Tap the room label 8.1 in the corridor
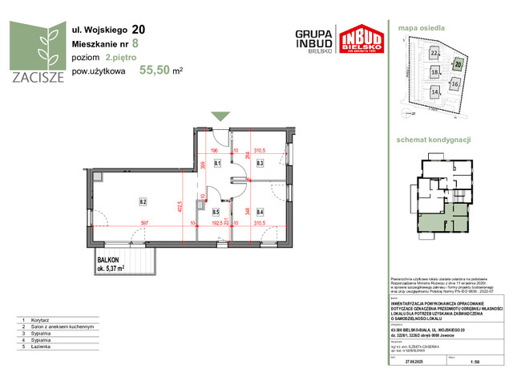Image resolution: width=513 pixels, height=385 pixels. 217,164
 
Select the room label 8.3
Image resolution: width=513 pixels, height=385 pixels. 260,164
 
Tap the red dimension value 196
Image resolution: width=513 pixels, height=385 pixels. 214,150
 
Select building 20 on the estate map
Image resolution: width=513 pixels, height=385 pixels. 458,63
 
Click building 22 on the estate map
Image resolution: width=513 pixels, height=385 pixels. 434,53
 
